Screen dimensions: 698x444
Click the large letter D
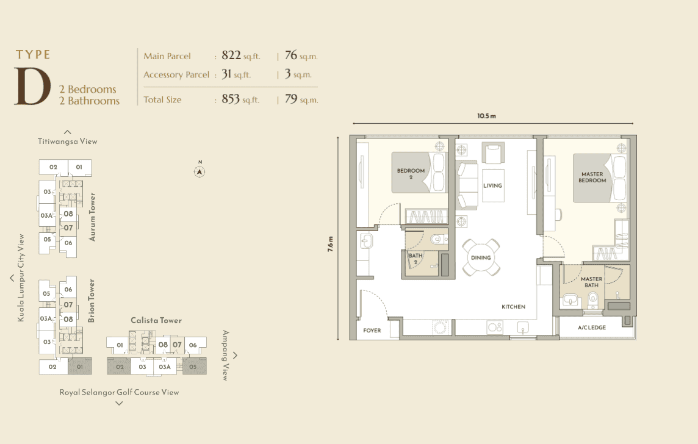(x=32, y=87)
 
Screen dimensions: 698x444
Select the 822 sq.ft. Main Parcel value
(x=241, y=55)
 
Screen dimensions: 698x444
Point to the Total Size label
(x=162, y=99)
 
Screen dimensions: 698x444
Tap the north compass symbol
(x=200, y=172)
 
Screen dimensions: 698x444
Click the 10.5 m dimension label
(x=486, y=116)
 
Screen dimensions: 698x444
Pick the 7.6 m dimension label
(x=330, y=244)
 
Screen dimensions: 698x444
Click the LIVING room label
(x=493, y=185)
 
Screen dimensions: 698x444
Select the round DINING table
(x=481, y=257)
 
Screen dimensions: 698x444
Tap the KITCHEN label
(x=513, y=307)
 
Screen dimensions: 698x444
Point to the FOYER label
(x=372, y=331)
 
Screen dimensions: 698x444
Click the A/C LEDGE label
(x=592, y=328)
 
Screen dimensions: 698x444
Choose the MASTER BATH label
(x=592, y=282)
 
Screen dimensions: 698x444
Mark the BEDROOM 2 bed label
(x=411, y=173)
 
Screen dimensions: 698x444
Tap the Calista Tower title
(x=156, y=320)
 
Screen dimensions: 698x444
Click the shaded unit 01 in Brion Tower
(x=80, y=366)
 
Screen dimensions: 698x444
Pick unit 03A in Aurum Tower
(x=47, y=215)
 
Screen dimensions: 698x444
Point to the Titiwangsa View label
(x=67, y=141)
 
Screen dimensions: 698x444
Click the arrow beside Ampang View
(x=235, y=356)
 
